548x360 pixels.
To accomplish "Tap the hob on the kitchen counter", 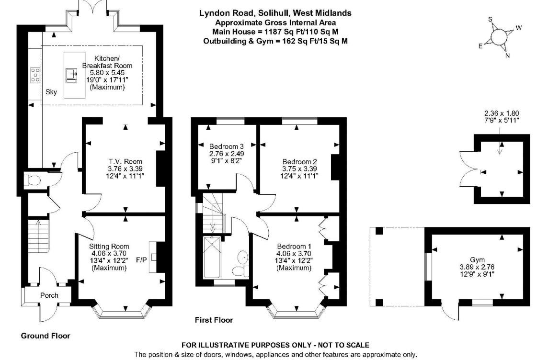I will (x=35, y=75).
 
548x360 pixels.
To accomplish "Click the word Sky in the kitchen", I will (x=51, y=92).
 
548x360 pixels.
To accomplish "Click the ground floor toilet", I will (x=34, y=181).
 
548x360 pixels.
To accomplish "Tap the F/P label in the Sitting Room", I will (x=141, y=260).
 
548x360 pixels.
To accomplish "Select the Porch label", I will (x=49, y=295).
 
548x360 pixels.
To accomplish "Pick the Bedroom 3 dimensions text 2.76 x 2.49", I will (x=227, y=154).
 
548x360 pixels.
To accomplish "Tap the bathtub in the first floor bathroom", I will (x=211, y=259).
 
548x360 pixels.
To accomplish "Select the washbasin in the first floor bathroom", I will (x=243, y=258).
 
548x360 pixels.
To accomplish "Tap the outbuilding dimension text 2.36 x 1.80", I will (x=501, y=113).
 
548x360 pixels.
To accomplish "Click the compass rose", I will (x=499, y=37).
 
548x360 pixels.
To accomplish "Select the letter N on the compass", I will (x=507, y=56).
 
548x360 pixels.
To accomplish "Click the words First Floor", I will (x=214, y=320).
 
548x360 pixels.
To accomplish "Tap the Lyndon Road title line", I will (x=275, y=13).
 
